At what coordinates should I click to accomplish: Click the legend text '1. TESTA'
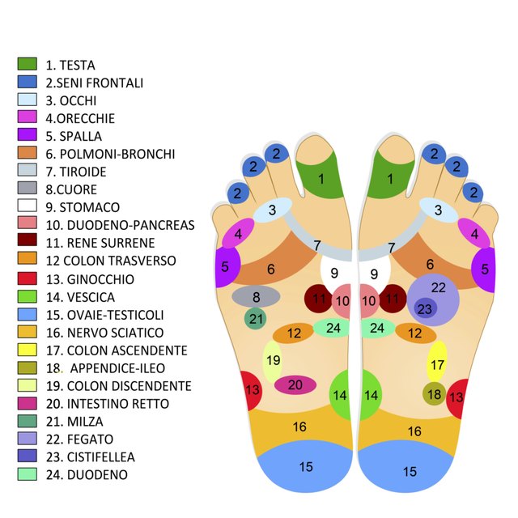(x=70, y=65)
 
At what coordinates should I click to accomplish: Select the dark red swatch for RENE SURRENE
(x=27, y=240)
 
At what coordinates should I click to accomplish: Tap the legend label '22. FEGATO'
(x=79, y=439)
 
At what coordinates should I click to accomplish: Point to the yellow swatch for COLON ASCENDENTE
(x=27, y=350)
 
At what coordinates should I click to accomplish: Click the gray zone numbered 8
(x=256, y=297)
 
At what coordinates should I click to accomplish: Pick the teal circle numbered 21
(x=256, y=318)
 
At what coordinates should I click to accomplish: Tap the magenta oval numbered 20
(x=295, y=385)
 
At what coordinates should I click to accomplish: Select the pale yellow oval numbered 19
(x=273, y=362)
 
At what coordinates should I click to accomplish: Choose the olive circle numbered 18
(x=434, y=394)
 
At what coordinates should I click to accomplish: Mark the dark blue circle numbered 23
(x=426, y=308)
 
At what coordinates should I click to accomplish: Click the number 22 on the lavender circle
(x=439, y=288)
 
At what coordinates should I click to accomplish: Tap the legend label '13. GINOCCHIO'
(x=90, y=279)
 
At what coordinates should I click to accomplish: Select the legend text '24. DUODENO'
(x=87, y=475)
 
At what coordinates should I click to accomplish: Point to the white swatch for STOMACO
(x=27, y=205)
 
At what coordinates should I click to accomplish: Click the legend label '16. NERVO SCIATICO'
(x=104, y=333)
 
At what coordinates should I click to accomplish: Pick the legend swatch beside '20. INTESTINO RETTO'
(x=27, y=403)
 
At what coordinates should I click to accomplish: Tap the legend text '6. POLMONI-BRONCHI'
(x=110, y=154)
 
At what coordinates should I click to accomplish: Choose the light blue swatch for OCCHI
(x=27, y=100)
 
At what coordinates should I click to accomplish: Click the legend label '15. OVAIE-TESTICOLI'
(x=104, y=315)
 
